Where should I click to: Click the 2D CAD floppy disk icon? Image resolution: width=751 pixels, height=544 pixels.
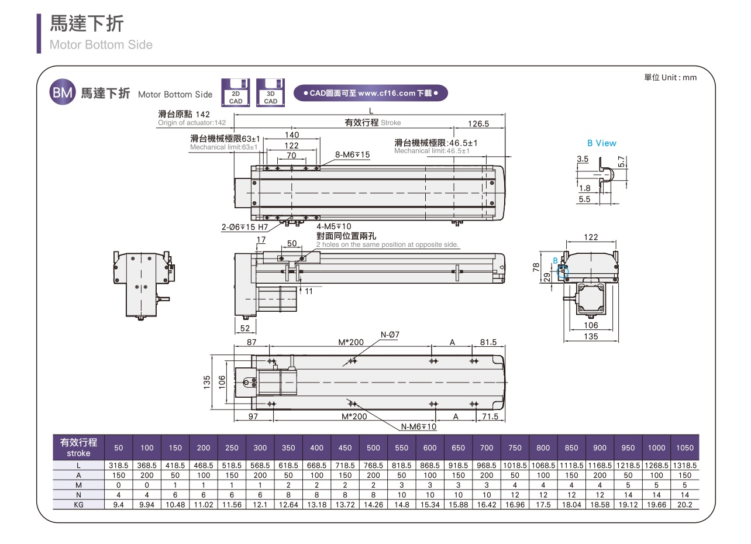tap(236, 93)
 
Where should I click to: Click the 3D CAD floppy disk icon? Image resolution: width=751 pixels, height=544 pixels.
tap(270, 93)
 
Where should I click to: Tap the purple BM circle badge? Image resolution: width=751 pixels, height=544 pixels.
tap(62, 93)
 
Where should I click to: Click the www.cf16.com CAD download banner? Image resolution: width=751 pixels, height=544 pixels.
tap(371, 93)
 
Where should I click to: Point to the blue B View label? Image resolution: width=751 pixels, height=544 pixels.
tap(602, 143)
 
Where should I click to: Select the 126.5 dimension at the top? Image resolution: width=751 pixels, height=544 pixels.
tap(478, 123)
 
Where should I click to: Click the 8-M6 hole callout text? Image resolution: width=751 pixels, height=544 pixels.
tap(353, 155)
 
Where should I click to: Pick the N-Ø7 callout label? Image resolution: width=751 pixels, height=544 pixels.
tap(390, 335)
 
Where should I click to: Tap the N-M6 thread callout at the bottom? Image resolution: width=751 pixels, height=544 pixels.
tap(419, 426)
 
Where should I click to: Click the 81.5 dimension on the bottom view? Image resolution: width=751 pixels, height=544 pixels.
tap(488, 342)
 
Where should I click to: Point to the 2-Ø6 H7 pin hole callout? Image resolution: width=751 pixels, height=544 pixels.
tap(244, 226)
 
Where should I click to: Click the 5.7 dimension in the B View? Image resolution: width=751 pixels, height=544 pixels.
tap(622, 160)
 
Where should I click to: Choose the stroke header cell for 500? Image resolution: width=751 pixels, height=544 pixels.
tap(373, 448)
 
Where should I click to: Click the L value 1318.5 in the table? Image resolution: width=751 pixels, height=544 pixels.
tap(685, 466)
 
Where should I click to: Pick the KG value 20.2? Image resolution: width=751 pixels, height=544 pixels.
tap(685, 504)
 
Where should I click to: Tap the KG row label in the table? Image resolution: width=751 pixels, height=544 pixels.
tap(78, 504)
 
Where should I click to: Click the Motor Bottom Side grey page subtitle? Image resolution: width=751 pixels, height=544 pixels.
tap(101, 44)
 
